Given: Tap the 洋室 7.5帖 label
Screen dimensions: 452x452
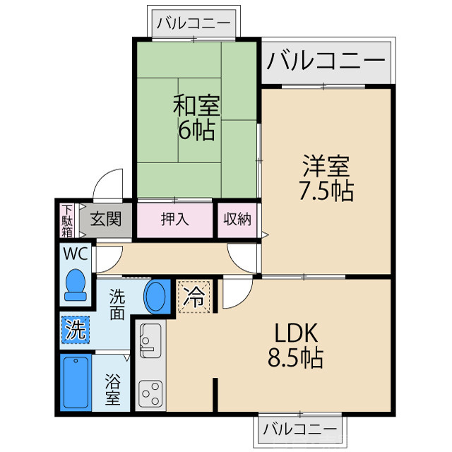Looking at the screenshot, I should point(326,179).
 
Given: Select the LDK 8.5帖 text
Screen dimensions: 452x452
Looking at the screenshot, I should point(295,345).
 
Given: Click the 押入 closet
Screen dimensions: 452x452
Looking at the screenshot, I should point(174,219).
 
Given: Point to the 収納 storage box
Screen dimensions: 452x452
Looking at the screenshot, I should point(237,219).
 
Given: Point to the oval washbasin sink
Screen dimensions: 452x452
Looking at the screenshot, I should point(156,297).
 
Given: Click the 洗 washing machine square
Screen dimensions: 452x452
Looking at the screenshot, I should point(75,328).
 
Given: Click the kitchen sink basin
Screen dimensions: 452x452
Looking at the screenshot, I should point(150,340).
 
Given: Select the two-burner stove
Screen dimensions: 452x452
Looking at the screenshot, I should point(150,391).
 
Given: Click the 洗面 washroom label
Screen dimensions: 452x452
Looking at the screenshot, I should point(117,304).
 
